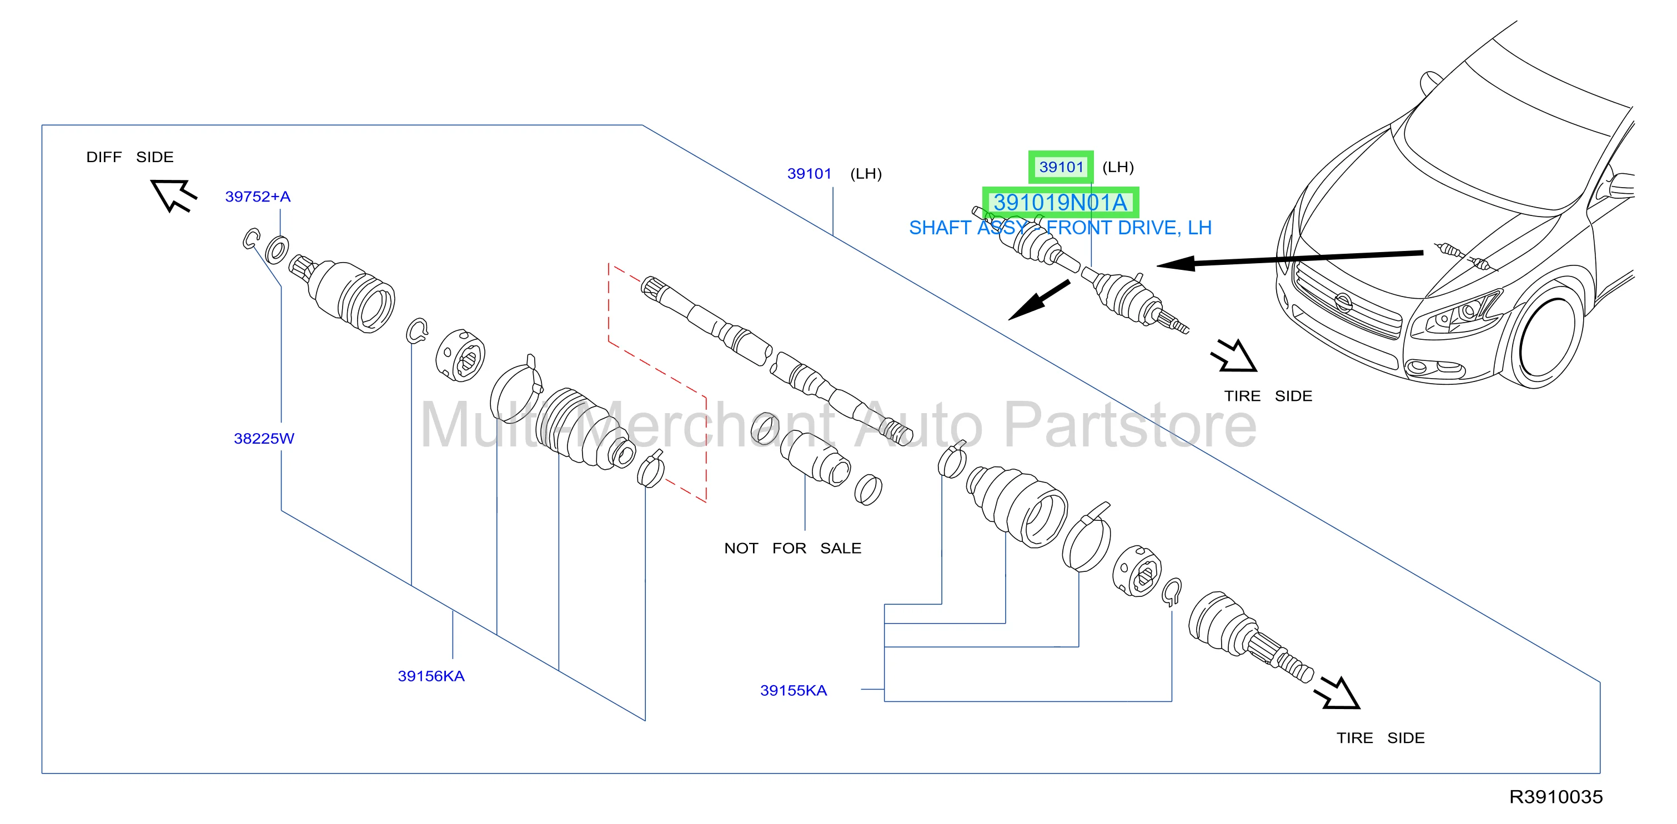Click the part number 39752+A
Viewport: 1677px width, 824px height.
(258, 197)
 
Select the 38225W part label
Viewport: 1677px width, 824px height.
(264, 439)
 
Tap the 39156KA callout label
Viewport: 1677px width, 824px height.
(431, 676)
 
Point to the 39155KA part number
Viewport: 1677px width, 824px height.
(794, 691)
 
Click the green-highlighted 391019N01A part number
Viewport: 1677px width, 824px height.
(1060, 203)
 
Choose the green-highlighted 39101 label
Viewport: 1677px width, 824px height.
(1061, 167)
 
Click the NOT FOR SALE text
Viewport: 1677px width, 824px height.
(792, 548)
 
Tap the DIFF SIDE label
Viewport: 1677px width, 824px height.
(130, 157)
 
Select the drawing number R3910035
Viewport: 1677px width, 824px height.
(1556, 797)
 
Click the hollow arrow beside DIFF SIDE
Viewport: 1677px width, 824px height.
(173, 195)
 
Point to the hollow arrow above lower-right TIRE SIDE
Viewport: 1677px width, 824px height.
(1337, 692)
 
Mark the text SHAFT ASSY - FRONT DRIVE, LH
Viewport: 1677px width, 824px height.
(1060, 228)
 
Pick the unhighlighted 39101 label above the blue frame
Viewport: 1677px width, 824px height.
(809, 174)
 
